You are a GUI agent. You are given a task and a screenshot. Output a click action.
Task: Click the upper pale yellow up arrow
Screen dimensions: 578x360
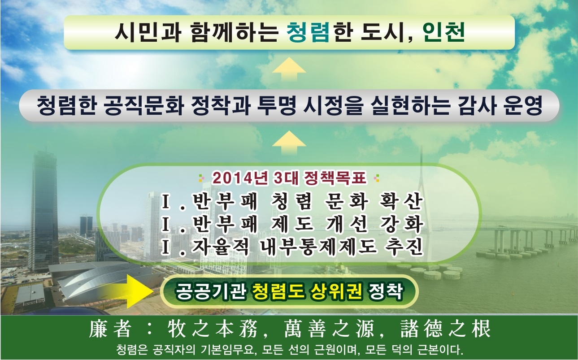289,69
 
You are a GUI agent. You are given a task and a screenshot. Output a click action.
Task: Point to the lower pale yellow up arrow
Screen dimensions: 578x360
289,143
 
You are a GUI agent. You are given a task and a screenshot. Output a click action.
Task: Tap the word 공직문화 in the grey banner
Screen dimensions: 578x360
144,106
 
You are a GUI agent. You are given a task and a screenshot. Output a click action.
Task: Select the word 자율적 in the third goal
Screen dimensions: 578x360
221,247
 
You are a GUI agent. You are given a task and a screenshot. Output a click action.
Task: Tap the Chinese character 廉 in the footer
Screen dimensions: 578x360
98,329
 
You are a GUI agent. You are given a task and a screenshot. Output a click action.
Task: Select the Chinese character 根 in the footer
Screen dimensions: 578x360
481,329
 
